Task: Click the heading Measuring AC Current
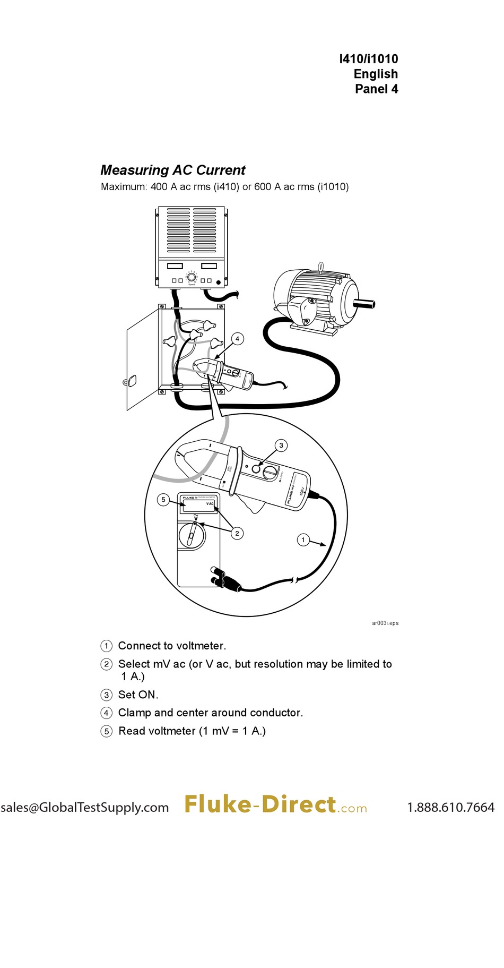click(x=173, y=170)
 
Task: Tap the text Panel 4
click(x=376, y=89)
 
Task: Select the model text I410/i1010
click(x=368, y=59)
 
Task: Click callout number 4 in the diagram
click(x=237, y=339)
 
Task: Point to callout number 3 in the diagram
click(x=281, y=446)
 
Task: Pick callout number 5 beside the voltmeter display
click(x=163, y=500)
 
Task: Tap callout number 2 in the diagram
click(x=237, y=533)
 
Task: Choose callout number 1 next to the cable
click(x=303, y=540)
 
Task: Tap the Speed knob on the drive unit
click(x=192, y=277)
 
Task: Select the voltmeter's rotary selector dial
click(x=192, y=534)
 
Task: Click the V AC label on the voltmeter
click(x=210, y=503)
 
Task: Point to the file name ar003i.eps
click(x=385, y=623)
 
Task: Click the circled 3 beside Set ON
click(x=107, y=695)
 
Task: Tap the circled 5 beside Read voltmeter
click(x=107, y=731)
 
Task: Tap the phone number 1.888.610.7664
click(x=450, y=807)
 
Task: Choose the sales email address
click(x=85, y=807)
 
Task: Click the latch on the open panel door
click(x=131, y=381)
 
